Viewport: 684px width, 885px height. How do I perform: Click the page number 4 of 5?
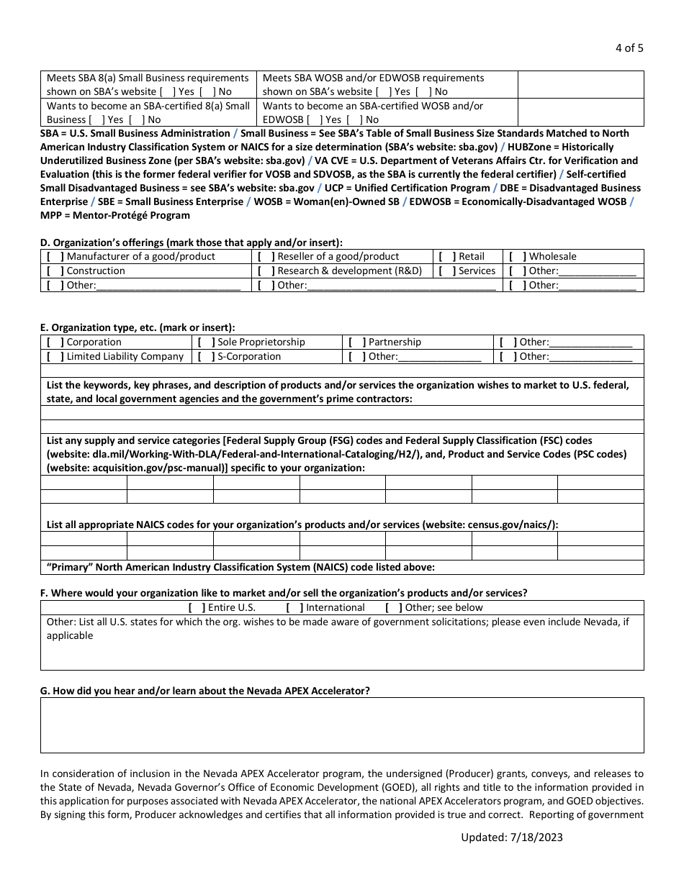pos(629,49)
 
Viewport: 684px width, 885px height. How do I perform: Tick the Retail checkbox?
pos(447,256)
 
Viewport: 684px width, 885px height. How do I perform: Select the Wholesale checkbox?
pos(517,256)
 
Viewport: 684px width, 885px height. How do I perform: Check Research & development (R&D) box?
pos(266,271)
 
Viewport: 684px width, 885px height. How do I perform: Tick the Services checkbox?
pos(447,271)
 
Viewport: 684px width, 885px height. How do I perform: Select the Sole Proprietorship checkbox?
pos(206,342)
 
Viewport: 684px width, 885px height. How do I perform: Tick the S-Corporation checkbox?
pos(206,356)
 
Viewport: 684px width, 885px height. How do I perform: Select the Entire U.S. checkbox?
pos(197,607)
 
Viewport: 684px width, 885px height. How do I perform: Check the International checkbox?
pos(294,607)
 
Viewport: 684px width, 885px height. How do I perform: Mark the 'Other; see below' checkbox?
pos(394,607)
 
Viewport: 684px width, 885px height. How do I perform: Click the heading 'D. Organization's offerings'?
pos(191,242)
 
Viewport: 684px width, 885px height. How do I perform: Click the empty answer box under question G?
pos(342,725)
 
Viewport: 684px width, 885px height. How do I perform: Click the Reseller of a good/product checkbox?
pos(266,256)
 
